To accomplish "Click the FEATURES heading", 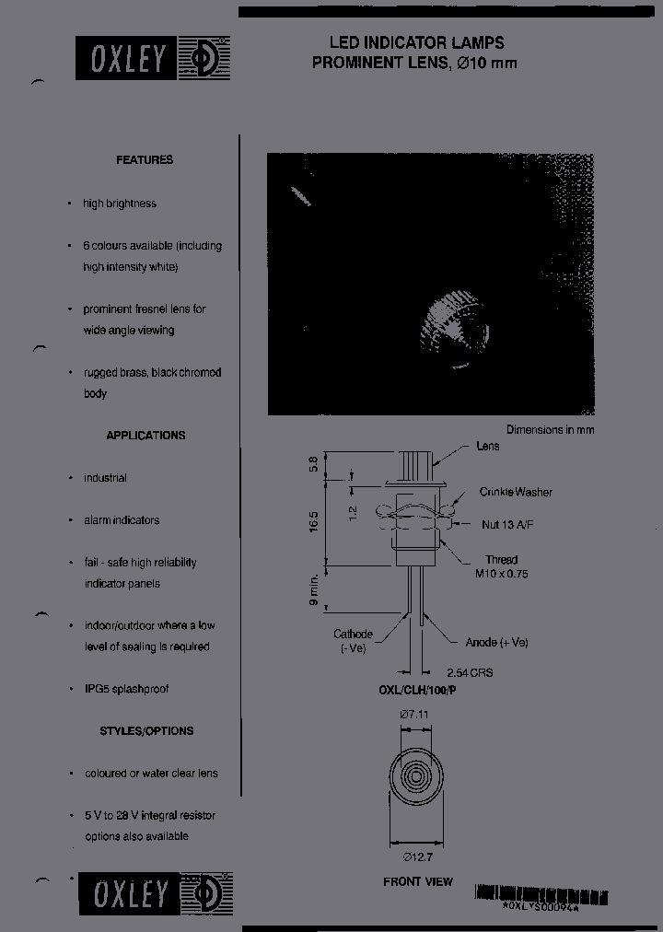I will tap(145, 160).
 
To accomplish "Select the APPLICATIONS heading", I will tap(145, 436).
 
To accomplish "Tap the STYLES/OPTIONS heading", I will tap(146, 731).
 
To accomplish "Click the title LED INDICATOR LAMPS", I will tap(417, 43).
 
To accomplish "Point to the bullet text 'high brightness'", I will tap(120, 204).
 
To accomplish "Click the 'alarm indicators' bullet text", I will tap(122, 520).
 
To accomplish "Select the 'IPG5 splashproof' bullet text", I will tap(126, 689).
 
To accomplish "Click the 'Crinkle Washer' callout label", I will tap(516, 493).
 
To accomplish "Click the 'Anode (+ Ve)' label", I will tap(497, 643).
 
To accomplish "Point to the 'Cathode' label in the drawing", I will tap(353, 635).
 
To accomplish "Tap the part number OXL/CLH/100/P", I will tap(417, 691).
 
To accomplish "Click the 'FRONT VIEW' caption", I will tap(418, 882).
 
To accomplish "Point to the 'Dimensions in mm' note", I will tap(550, 430).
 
